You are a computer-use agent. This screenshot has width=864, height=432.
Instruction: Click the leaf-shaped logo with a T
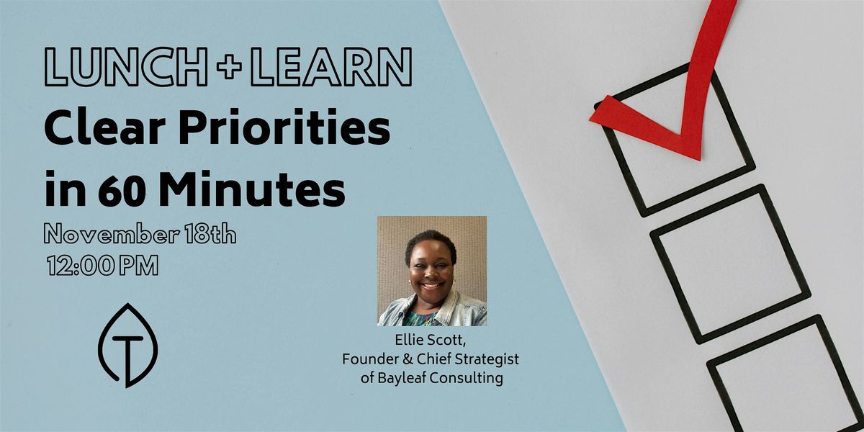pos(127,345)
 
